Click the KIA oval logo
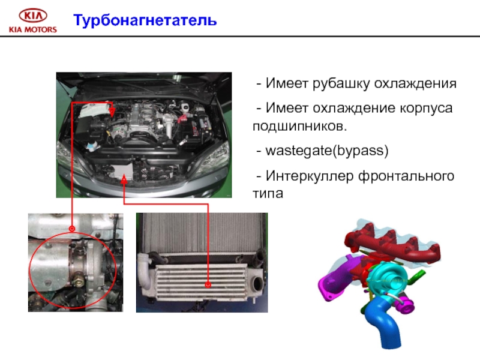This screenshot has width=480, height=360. click(x=33, y=16)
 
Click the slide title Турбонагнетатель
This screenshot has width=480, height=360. click(x=145, y=20)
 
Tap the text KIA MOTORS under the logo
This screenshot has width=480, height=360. click(x=33, y=29)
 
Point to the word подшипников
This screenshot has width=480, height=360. click(x=300, y=127)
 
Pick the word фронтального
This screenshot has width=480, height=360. click(x=407, y=176)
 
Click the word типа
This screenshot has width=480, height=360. click(x=268, y=194)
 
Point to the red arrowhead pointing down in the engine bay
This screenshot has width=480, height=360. click(x=112, y=112)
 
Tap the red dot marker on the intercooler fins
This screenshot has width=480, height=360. click(x=208, y=285)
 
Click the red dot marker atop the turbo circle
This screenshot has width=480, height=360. click(x=72, y=229)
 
